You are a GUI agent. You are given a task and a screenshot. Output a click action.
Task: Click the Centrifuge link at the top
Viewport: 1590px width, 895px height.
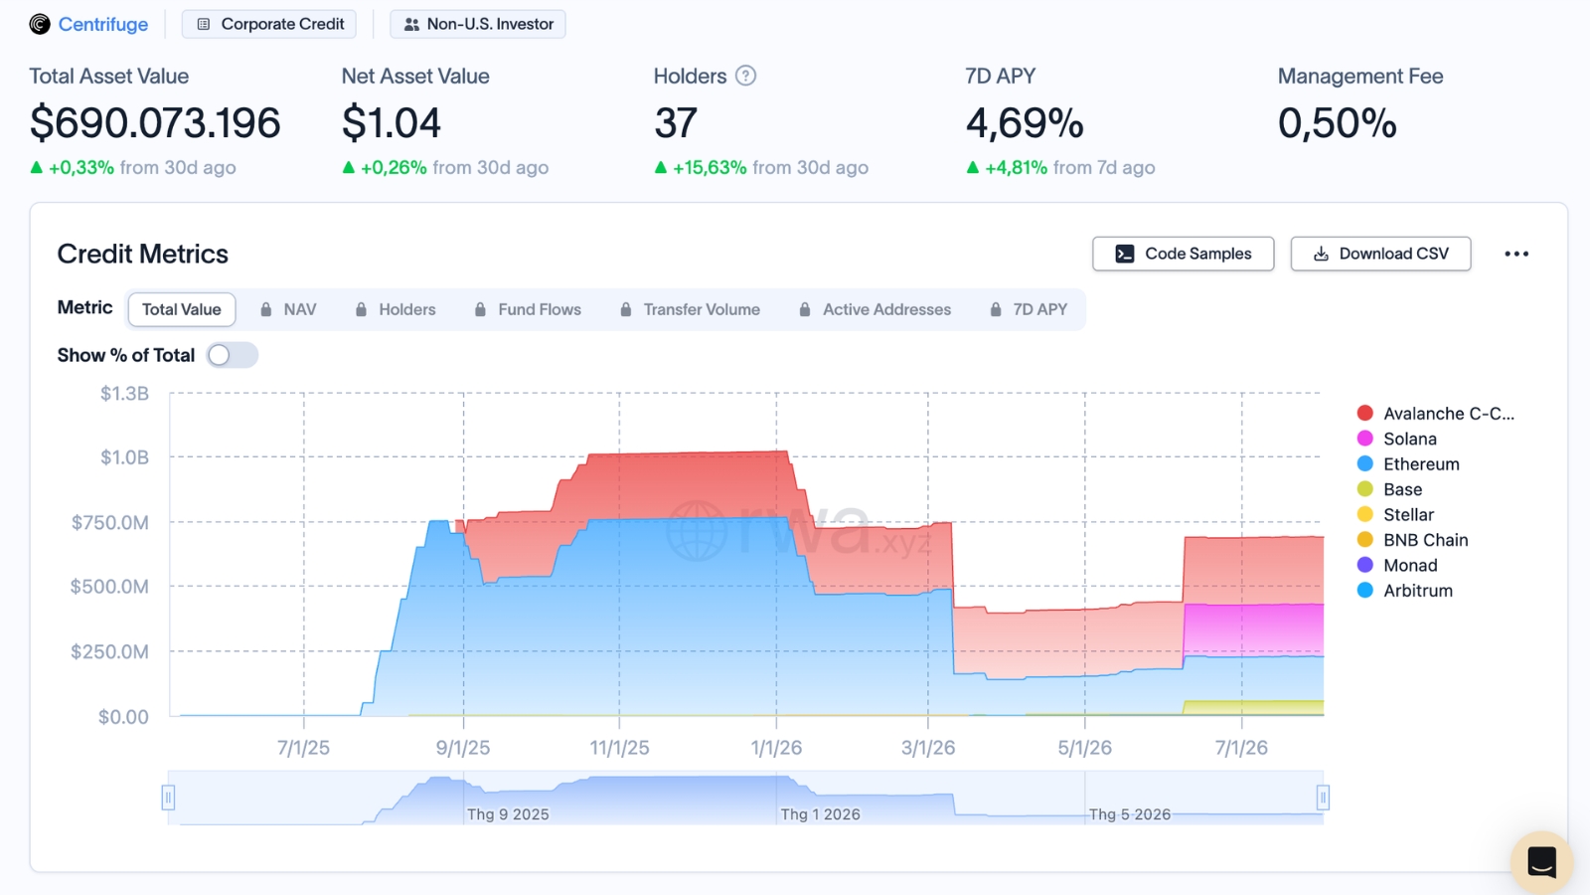tap(103, 24)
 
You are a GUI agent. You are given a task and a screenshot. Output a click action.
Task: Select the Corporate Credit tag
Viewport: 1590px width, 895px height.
tap(269, 24)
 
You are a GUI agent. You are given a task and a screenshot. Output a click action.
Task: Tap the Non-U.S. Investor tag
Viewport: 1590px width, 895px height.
tap(478, 24)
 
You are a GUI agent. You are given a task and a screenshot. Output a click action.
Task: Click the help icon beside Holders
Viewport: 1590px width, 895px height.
tap(745, 76)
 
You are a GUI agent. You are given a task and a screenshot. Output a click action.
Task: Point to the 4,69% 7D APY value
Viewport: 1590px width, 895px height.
tap(1025, 123)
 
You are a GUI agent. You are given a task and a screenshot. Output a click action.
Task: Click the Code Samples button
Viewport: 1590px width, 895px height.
tap(1184, 254)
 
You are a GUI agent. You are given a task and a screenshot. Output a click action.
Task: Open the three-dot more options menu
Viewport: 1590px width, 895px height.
tap(1516, 254)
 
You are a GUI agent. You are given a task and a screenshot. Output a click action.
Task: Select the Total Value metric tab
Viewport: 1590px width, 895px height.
tap(182, 309)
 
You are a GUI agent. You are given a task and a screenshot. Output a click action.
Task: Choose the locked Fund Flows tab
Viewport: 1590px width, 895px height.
tap(528, 309)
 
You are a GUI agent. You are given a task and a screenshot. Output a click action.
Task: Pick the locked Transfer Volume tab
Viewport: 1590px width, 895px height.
tap(690, 309)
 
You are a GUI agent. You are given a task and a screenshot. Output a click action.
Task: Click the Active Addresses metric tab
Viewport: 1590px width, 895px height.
tap(874, 309)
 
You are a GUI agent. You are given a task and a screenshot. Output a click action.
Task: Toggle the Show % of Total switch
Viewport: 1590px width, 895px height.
tap(233, 355)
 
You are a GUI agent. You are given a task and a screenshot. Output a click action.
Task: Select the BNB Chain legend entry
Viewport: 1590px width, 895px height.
tap(1412, 540)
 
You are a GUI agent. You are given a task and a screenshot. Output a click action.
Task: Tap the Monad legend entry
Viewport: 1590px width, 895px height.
tap(1397, 566)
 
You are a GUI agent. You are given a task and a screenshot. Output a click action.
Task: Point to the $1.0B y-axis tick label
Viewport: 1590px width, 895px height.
tap(124, 457)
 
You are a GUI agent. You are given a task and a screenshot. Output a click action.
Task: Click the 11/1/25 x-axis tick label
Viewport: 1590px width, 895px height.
tap(620, 747)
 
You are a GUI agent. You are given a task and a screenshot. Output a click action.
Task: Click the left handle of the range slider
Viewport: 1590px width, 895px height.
tap(168, 798)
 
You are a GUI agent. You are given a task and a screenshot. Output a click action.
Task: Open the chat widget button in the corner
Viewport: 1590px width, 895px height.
tap(1541, 862)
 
